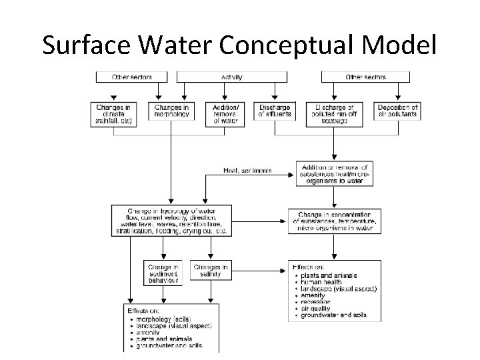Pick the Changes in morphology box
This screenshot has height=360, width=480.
pyautogui.click(x=171, y=111)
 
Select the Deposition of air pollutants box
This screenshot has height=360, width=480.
pyautogui.click(x=397, y=111)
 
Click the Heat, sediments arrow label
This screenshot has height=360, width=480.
pyautogui.click(x=247, y=170)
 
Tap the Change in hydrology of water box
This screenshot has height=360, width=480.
pyautogui.click(x=173, y=221)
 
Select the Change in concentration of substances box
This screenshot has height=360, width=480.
pyautogui.click(x=335, y=221)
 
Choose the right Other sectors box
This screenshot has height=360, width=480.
pyautogui.click(x=365, y=77)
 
